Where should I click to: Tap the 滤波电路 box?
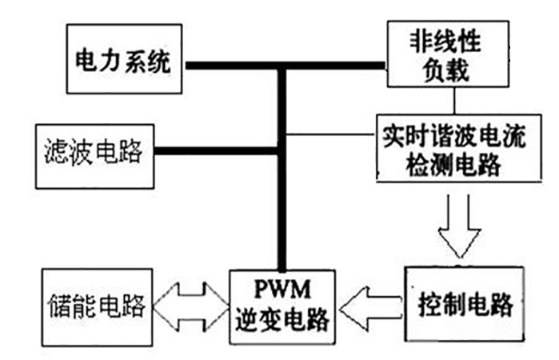(x=95, y=152)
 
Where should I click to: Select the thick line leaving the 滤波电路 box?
(x=216, y=150)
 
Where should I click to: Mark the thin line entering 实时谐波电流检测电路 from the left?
(x=331, y=133)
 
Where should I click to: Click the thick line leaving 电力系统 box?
(x=232, y=65)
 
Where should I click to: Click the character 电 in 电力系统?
(x=86, y=62)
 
